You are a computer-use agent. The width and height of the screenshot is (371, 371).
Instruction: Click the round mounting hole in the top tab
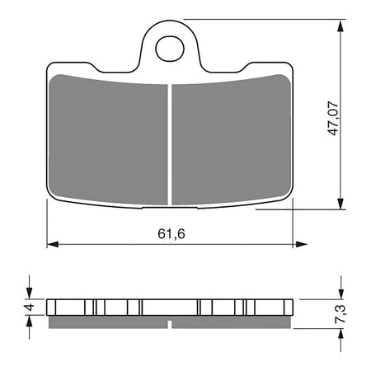coord(169,49)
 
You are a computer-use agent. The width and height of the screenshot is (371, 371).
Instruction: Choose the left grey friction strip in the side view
coord(107,321)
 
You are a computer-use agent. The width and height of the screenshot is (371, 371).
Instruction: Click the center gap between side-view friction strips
coord(170,321)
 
